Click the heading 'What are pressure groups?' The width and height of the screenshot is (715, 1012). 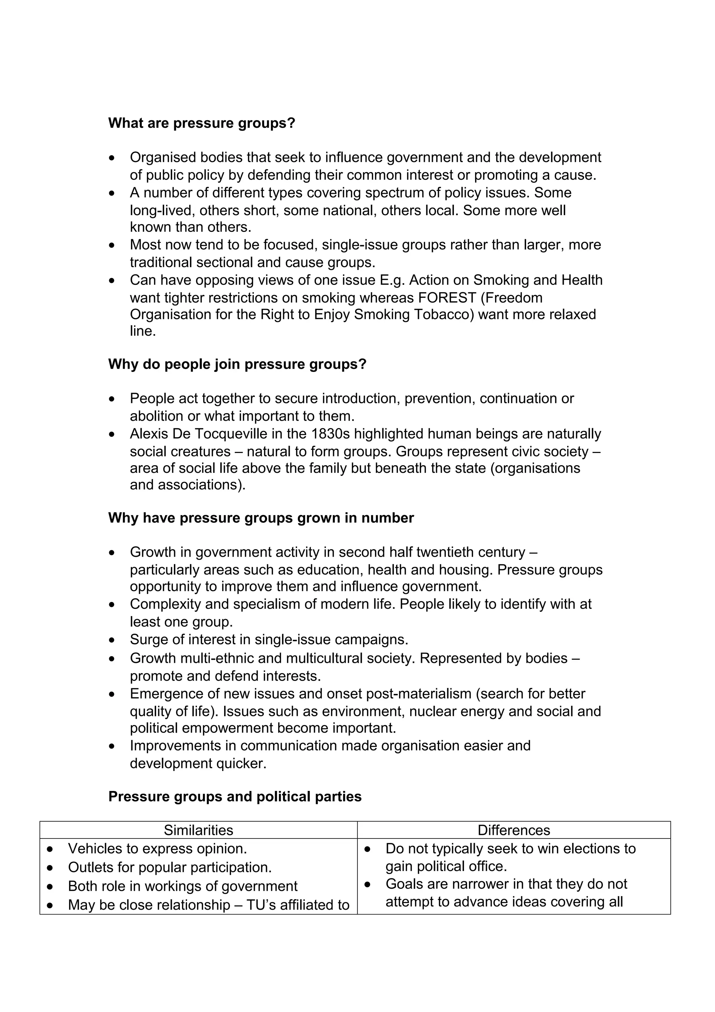point(201,123)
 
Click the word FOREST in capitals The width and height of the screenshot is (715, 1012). point(447,298)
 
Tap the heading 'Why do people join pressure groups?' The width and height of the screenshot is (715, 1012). point(237,365)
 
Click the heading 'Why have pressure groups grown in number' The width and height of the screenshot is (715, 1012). point(261,518)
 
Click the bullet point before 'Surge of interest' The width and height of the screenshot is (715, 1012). point(112,640)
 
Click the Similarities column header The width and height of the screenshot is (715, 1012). point(198,830)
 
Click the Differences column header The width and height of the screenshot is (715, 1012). point(514,830)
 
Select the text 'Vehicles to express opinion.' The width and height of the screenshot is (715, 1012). point(157,849)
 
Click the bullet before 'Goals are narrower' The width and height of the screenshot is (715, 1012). point(367,885)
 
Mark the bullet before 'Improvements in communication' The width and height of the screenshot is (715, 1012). point(112,746)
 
